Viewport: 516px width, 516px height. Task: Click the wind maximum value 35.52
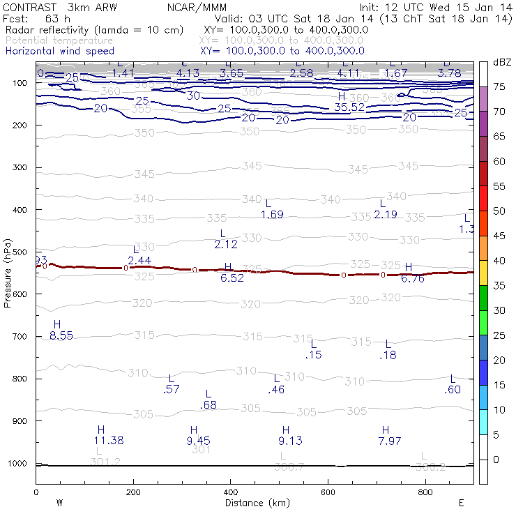click(x=350, y=107)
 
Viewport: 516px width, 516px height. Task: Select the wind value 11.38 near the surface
click(x=109, y=440)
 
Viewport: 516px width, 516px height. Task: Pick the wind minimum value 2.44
click(x=139, y=260)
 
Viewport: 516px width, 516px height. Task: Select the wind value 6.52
click(x=232, y=278)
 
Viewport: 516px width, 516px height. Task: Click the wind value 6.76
click(x=413, y=278)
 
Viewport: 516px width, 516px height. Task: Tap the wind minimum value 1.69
click(x=272, y=214)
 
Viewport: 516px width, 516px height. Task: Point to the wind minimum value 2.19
click(x=386, y=214)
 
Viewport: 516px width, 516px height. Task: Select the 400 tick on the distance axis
click(x=231, y=492)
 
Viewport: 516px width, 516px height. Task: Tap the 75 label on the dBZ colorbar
click(x=500, y=86)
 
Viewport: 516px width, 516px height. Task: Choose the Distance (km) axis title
click(x=254, y=503)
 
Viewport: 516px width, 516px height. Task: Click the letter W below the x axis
click(x=60, y=502)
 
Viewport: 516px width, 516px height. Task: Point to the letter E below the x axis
click(x=461, y=502)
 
